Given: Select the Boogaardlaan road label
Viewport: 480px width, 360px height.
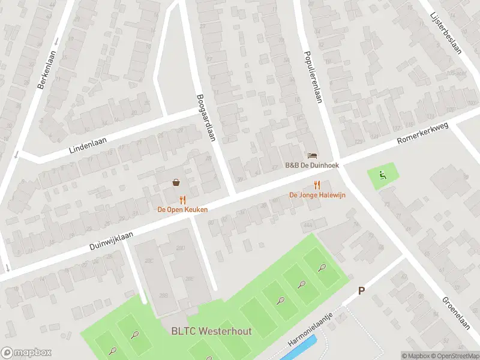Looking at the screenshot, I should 205,117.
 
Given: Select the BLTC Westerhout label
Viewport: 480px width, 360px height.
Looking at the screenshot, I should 211,331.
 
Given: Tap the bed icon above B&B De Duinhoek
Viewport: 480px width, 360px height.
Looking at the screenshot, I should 311,156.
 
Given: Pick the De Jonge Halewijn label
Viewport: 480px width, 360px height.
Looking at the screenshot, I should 317,194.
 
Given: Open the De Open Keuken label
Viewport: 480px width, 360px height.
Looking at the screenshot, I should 182,209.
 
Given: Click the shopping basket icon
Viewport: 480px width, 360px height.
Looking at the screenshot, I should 177,182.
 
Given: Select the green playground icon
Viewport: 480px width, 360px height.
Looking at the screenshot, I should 382,175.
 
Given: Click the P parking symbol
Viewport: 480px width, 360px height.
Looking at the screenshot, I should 361,290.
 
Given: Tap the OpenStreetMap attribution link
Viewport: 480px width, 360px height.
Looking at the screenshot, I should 454,356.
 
